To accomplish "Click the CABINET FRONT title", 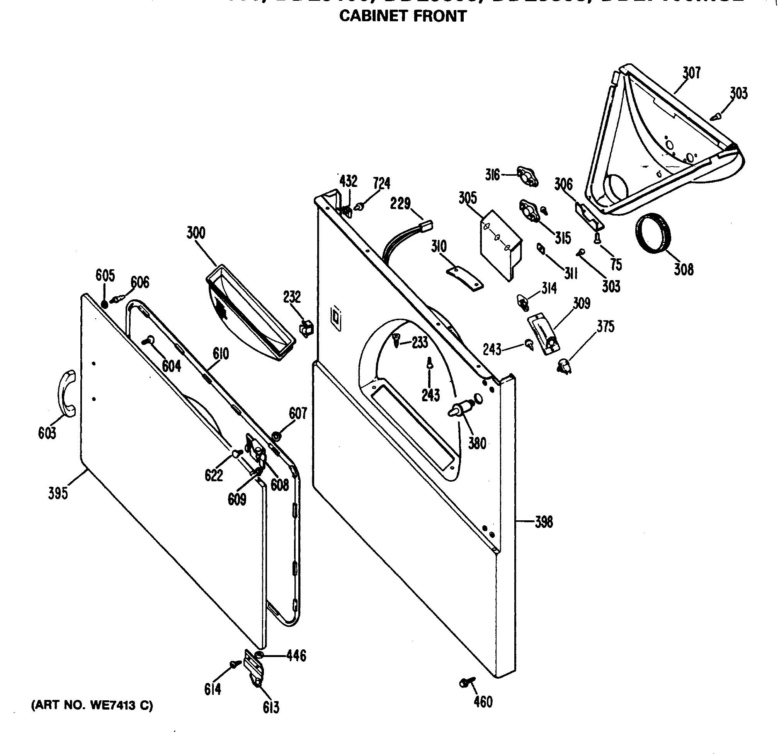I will point(403,16).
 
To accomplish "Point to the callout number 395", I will point(58,493).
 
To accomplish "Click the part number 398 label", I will point(544,522).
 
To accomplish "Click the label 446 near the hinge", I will point(296,656).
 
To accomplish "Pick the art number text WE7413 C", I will point(92,705).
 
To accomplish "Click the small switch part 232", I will point(306,329).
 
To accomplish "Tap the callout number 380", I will point(477,443).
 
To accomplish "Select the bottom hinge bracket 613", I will point(254,671).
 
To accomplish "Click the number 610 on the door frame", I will point(221,353).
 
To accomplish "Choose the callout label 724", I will point(381,183).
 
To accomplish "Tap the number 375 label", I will point(606,326).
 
